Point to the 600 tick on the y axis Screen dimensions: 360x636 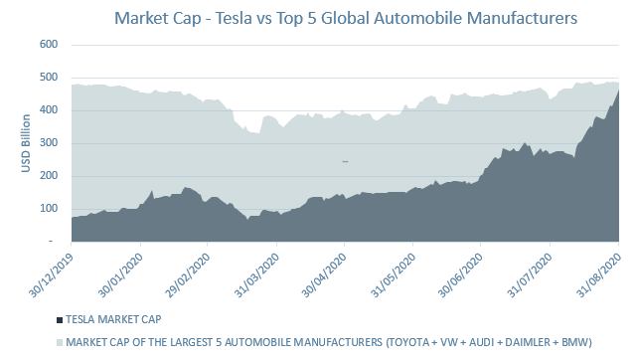coord(47,45)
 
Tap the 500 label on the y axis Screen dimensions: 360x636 coord(47,78)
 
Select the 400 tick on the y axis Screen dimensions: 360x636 coord(47,110)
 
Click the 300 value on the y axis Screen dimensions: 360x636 coord(47,143)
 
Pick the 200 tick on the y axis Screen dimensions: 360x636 coord(47,176)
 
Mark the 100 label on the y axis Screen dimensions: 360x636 coord(47,209)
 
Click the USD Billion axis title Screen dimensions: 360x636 coord(26,143)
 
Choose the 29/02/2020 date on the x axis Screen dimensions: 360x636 coord(185,273)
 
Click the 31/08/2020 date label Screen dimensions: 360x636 coord(597,273)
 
